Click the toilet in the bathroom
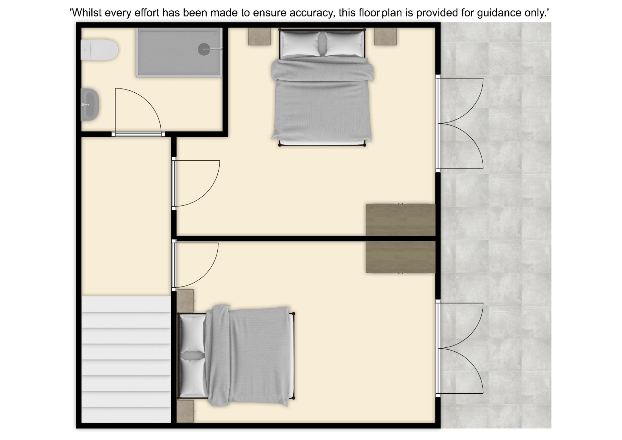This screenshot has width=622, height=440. tap(99, 50)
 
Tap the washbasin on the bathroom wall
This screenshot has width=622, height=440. tap(90, 105)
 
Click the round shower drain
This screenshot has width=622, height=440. tap(204, 49)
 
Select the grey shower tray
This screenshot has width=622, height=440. tap(179, 52)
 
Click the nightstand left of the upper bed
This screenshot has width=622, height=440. tap(259, 37)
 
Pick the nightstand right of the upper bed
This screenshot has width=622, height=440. tap(386, 37)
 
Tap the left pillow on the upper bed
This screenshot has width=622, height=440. tap(300, 44)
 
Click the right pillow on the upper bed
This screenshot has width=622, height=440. tap(344, 44)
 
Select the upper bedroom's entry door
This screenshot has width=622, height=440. tap(196, 183)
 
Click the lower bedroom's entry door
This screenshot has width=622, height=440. tap(195, 265)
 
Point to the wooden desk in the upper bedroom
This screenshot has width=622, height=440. tap(400, 220)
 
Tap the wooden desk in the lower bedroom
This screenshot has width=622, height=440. tap(400, 257)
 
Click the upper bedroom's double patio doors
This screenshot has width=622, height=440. tap(460, 123)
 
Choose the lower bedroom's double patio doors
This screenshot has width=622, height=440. tap(460, 349)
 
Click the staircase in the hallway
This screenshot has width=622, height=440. tap(126, 359)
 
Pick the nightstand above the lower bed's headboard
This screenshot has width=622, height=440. tap(185, 301)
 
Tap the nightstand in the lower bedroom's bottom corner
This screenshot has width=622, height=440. tap(185, 411)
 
